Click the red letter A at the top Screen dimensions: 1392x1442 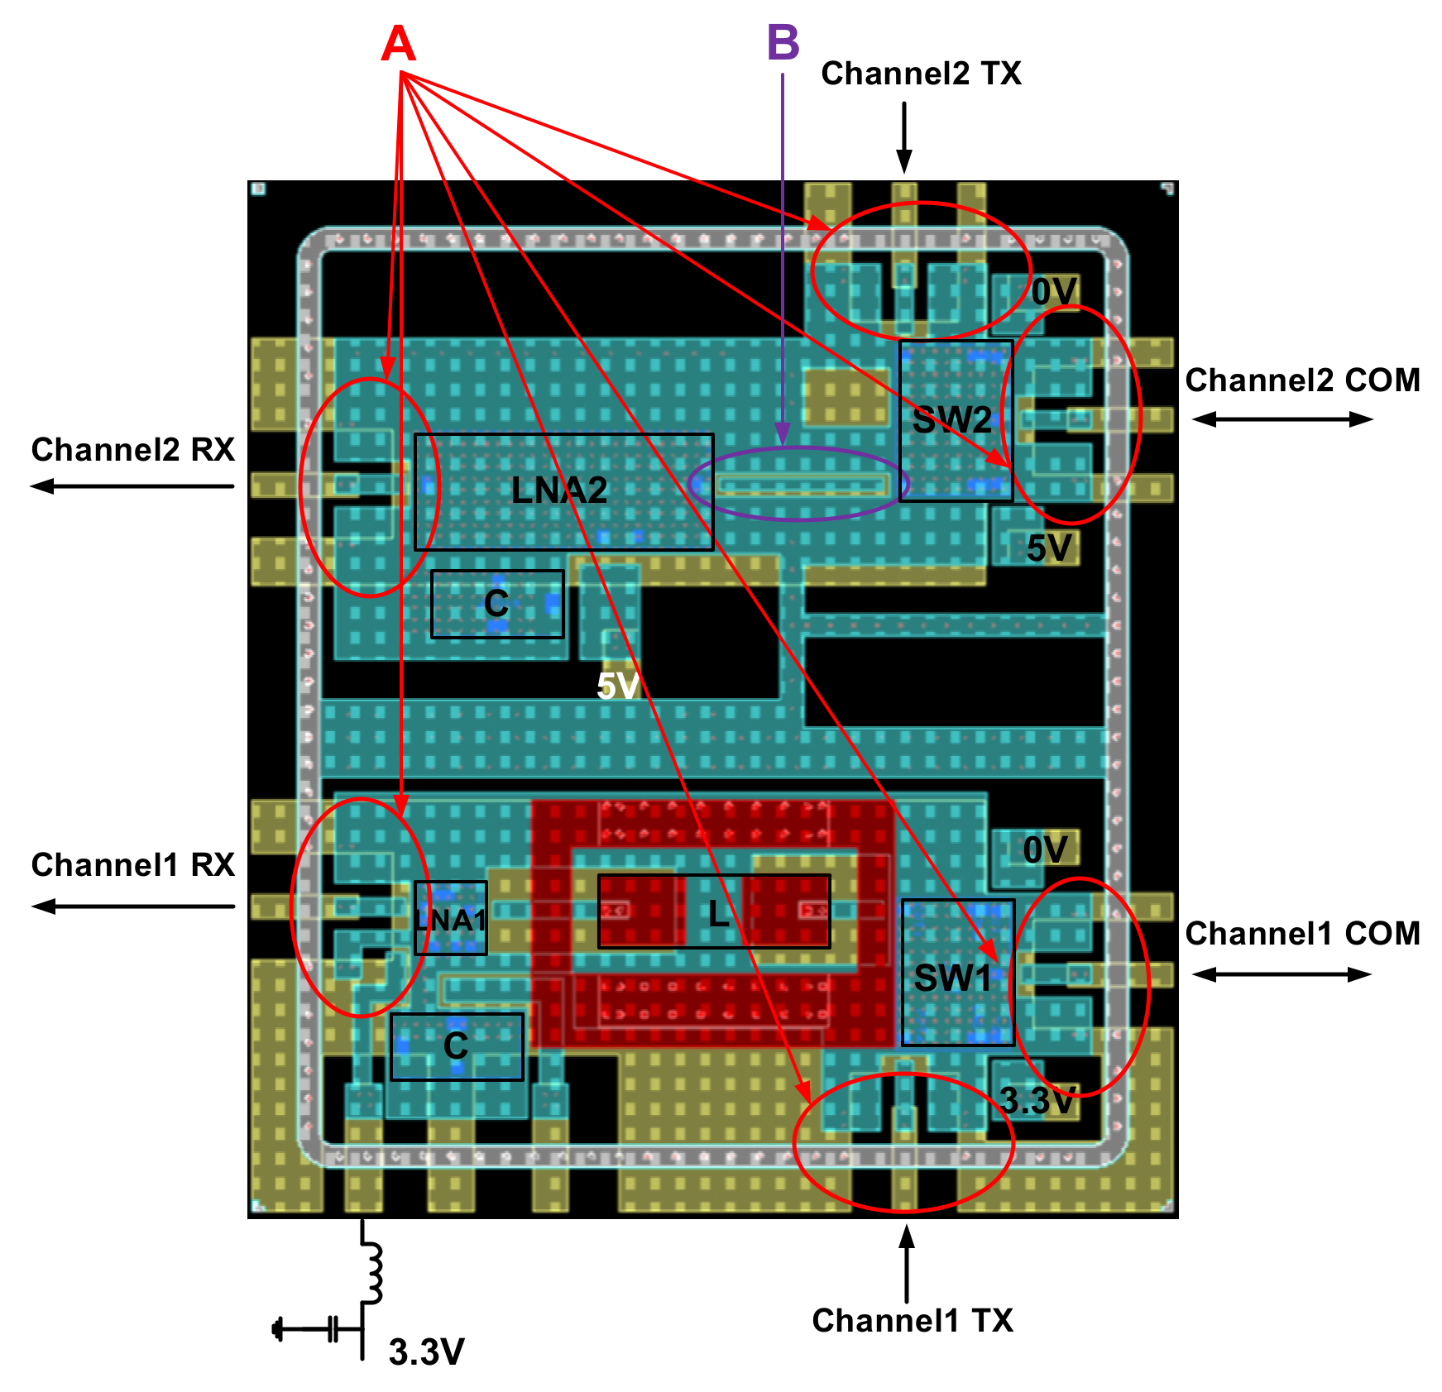398,44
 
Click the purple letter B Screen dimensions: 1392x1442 783,42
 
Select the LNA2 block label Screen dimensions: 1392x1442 559,490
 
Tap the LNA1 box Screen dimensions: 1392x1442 450,918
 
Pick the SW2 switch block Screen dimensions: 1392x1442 956,420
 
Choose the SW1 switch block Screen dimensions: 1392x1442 957,973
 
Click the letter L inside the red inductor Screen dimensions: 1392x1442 717,913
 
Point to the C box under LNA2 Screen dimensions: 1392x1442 496,604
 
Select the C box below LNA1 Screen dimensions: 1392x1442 457,1046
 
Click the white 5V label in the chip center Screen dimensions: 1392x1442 618,686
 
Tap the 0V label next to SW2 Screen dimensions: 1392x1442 1054,292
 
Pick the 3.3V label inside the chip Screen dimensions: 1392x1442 1037,1101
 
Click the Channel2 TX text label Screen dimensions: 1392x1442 921,74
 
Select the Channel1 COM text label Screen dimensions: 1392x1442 1302,934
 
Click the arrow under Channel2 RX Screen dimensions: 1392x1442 132,486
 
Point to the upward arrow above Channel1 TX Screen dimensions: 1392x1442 907,1262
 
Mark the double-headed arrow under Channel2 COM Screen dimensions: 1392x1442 1282,419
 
